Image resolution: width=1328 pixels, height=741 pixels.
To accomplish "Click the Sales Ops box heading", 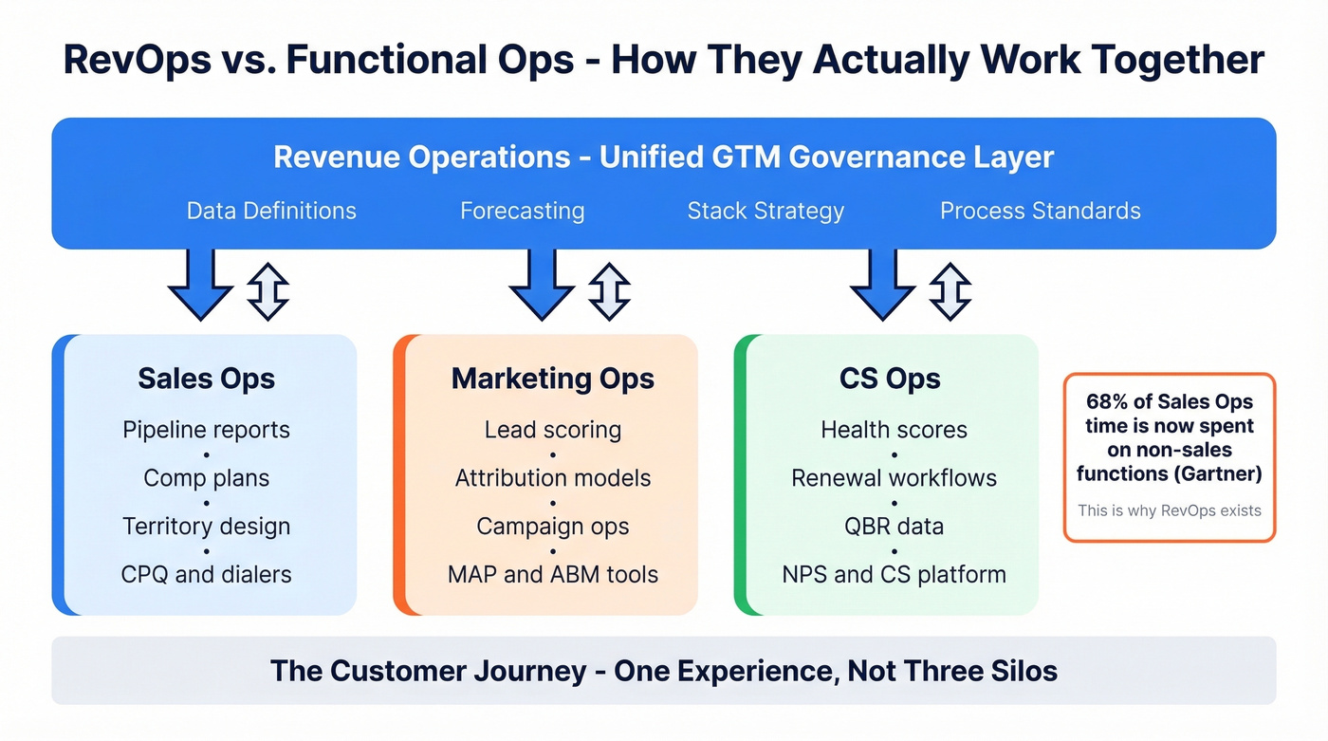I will [206, 379].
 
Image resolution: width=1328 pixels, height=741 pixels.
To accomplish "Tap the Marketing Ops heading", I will [553, 379].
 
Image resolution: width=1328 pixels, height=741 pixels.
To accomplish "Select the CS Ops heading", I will [890, 379].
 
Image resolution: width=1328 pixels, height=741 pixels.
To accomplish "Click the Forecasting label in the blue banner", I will [522, 211].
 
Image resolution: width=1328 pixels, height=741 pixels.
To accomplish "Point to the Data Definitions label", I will [271, 211].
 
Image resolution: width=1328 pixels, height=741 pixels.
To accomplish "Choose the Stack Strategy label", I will [765, 211].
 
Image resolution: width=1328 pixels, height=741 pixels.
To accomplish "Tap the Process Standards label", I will [1040, 211].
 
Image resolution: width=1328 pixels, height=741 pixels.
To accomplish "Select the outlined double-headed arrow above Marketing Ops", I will [609, 290].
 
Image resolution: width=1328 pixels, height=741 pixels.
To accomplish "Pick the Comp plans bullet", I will [206, 478].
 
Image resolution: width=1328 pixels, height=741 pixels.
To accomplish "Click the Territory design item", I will [206, 526].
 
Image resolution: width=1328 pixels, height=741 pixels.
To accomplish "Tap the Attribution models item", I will [553, 478].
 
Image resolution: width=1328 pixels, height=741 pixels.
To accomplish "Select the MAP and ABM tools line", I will [553, 574].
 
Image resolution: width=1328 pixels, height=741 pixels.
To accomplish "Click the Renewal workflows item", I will [894, 478].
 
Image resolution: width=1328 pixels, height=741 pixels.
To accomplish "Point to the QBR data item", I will [894, 526].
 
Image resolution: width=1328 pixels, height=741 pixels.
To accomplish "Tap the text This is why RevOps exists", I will [1169, 510].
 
